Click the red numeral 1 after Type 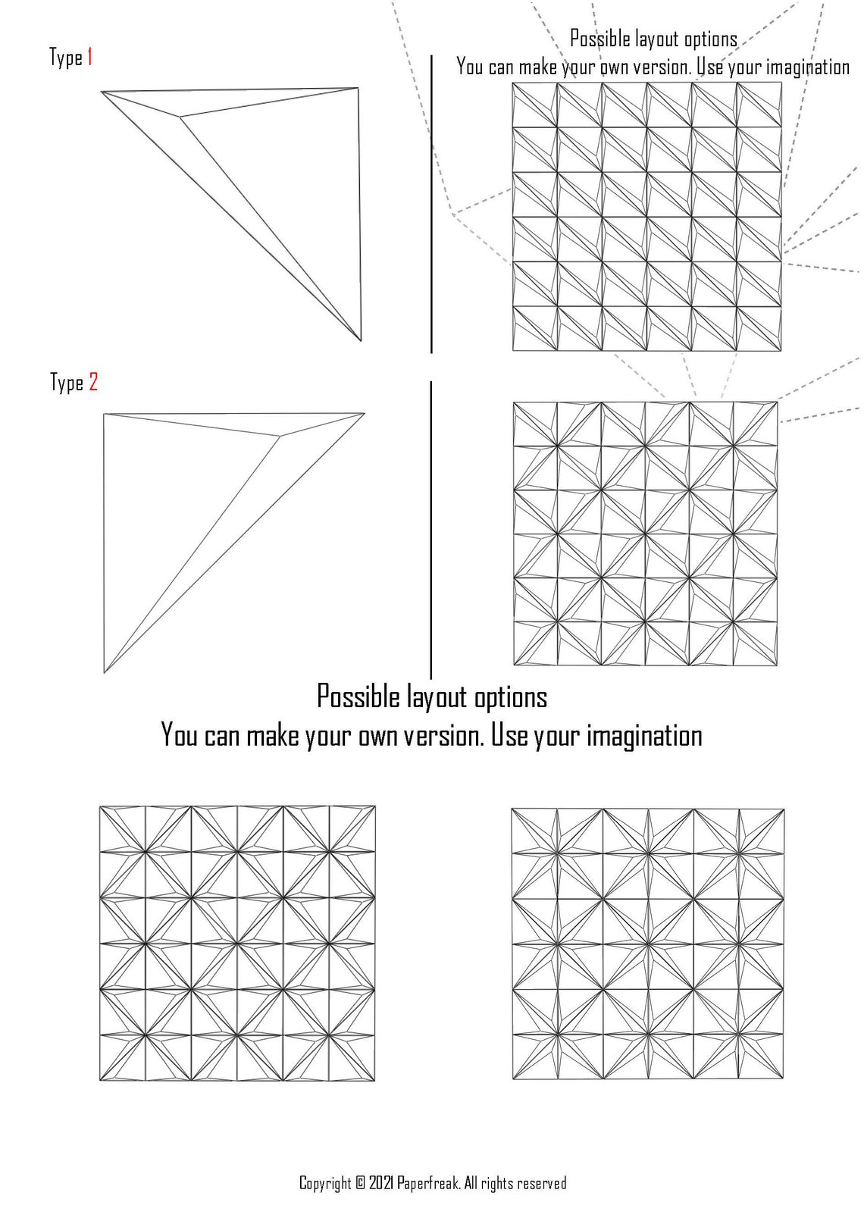(89, 57)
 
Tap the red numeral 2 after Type (92, 382)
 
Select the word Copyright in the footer (325, 1183)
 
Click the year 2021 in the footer (380, 1183)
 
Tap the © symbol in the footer (361, 1183)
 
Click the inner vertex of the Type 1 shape (180, 117)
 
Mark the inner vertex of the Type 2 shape (280, 435)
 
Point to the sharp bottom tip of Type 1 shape (361, 340)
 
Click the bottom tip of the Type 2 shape (105, 672)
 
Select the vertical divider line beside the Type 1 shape (431, 205)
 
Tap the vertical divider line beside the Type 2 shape (430, 531)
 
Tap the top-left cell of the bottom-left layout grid (122, 828)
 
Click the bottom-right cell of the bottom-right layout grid (761, 1056)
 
